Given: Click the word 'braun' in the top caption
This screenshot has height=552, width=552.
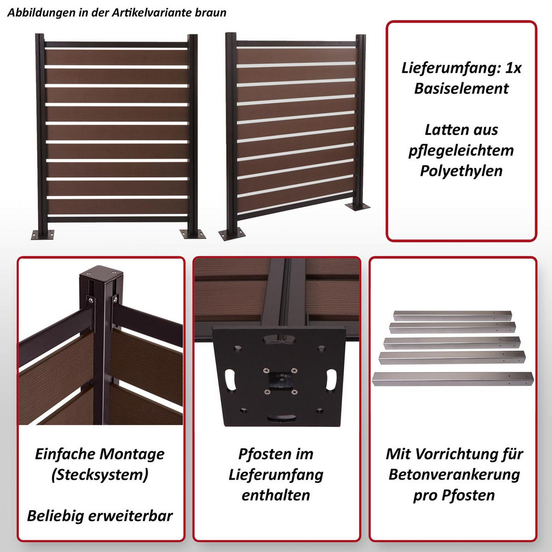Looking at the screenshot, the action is click(x=211, y=12).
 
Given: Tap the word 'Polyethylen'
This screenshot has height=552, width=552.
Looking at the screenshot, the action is click(x=461, y=171).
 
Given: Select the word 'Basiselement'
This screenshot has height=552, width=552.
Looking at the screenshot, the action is click(x=461, y=88).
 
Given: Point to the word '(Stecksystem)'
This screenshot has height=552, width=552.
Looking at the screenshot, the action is click(x=100, y=475).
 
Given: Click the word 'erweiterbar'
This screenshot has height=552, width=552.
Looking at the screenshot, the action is click(x=130, y=516).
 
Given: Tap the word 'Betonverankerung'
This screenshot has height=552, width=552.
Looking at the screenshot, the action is click(x=454, y=475).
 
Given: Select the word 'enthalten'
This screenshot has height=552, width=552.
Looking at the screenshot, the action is click(x=276, y=495).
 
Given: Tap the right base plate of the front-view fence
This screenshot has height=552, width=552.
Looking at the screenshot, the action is click(x=192, y=234).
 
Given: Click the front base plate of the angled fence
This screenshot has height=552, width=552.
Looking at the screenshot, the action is click(x=232, y=234).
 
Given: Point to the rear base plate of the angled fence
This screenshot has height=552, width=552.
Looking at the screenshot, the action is click(x=357, y=206).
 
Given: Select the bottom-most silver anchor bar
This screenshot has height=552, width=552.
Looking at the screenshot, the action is click(x=453, y=379).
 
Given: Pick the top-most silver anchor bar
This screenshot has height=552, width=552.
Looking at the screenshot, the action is click(x=452, y=316).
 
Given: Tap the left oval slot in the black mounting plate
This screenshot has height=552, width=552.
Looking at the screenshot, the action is click(x=230, y=380).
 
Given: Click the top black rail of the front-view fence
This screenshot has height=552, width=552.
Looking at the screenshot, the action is click(x=116, y=45).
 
